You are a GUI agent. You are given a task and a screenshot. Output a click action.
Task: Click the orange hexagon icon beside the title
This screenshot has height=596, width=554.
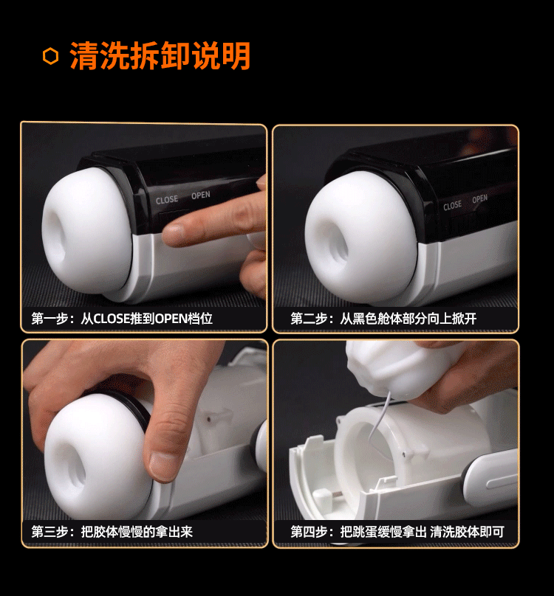point(51,56)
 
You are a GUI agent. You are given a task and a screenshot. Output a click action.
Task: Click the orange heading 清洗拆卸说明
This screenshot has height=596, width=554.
point(160,56)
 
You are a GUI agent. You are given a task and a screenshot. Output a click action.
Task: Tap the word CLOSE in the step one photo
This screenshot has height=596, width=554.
point(167,200)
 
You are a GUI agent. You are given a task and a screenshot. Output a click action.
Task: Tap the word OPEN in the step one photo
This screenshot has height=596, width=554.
point(201,195)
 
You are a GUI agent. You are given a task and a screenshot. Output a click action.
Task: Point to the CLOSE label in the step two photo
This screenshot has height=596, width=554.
point(452,206)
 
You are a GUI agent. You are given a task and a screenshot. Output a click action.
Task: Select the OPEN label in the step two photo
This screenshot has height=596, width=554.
point(479,199)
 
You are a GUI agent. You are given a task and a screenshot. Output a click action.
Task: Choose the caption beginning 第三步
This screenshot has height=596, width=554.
point(112,531)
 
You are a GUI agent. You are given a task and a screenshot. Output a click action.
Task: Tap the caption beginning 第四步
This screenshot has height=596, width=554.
point(397,531)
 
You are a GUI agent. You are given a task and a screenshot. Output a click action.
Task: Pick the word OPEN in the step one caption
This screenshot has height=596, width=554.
point(171,319)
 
